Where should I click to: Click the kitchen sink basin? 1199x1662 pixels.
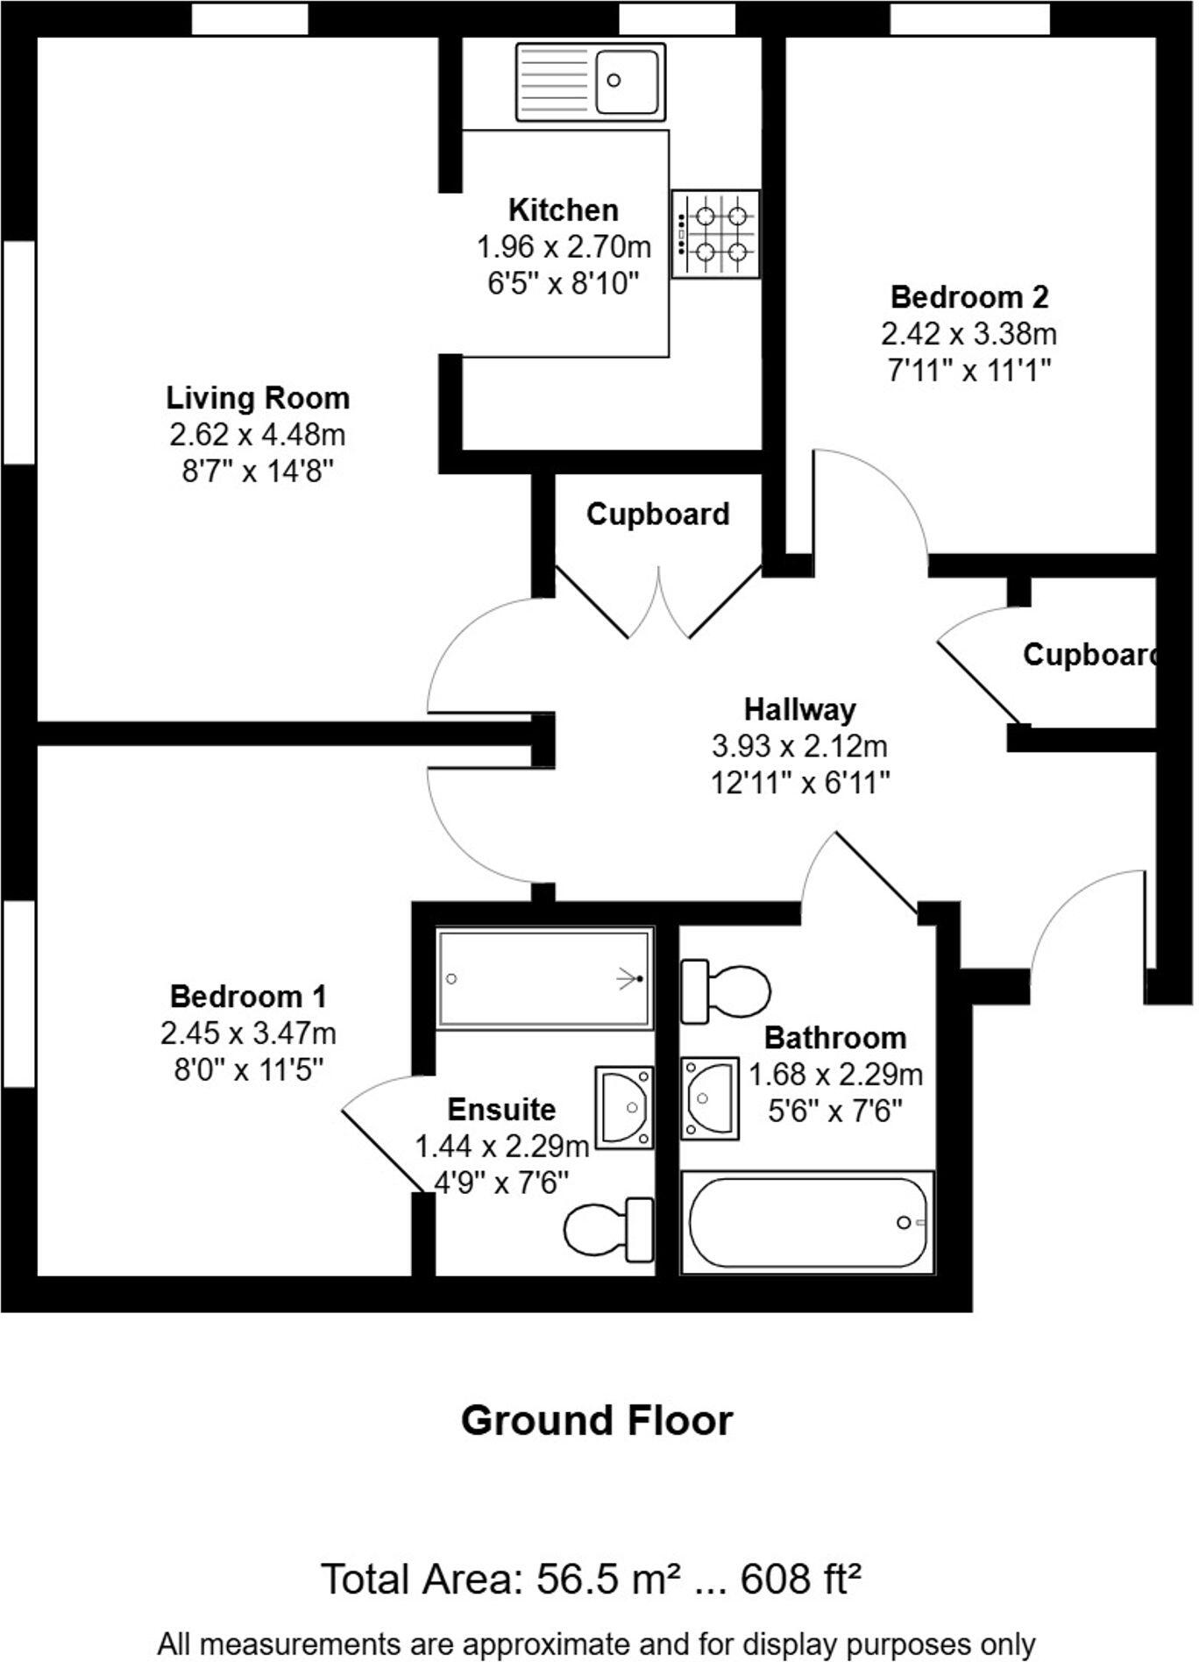pos(628,82)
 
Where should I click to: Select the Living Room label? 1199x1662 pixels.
pos(259,399)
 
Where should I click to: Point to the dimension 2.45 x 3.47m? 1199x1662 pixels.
pos(249,1035)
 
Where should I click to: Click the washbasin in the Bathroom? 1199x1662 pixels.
pos(710,1099)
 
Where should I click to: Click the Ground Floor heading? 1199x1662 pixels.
pos(599,1421)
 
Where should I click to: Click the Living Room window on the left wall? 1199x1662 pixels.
pos(18,352)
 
